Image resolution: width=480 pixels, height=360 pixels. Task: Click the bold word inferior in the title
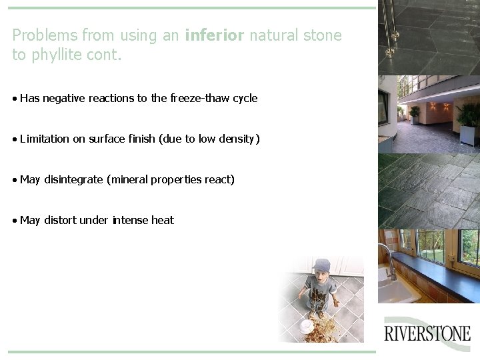(215, 35)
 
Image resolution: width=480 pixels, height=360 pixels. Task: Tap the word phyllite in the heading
(54, 55)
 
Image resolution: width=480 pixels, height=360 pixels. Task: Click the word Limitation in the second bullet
(45, 139)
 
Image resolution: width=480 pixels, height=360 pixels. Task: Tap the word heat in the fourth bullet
(162, 220)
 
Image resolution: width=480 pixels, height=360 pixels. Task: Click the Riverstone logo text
(427, 333)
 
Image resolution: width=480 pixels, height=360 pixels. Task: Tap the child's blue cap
(321, 265)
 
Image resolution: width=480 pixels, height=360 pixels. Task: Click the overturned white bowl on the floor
(306, 325)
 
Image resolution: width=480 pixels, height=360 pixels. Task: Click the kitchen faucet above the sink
(387, 257)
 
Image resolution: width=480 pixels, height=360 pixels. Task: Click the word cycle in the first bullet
(245, 98)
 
